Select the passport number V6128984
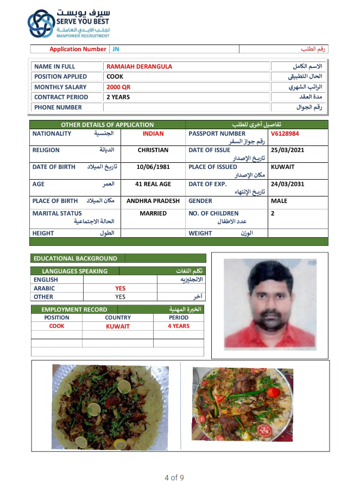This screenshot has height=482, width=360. (285, 134)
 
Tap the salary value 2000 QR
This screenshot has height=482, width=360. (118, 87)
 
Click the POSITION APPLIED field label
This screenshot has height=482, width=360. (60, 77)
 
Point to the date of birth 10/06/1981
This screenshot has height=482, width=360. (153, 167)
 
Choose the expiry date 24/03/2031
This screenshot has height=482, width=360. (287, 184)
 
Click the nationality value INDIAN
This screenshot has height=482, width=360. (153, 134)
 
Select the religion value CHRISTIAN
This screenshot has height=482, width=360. (153, 150)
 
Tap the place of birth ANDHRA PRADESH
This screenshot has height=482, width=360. (153, 201)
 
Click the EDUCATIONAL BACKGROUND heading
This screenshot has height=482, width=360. (75, 258)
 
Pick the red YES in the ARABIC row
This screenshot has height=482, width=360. (120, 289)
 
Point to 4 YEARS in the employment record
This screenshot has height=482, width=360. (179, 326)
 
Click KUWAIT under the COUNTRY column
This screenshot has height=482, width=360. (118, 327)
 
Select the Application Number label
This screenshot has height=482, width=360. (78, 49)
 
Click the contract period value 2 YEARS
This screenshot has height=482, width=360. (118, 97)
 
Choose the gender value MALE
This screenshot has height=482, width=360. (279, 201)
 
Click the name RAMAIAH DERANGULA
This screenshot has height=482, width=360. (140, 67)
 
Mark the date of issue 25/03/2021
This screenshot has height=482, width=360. (287, 150)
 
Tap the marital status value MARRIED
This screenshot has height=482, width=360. (153, 213)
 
